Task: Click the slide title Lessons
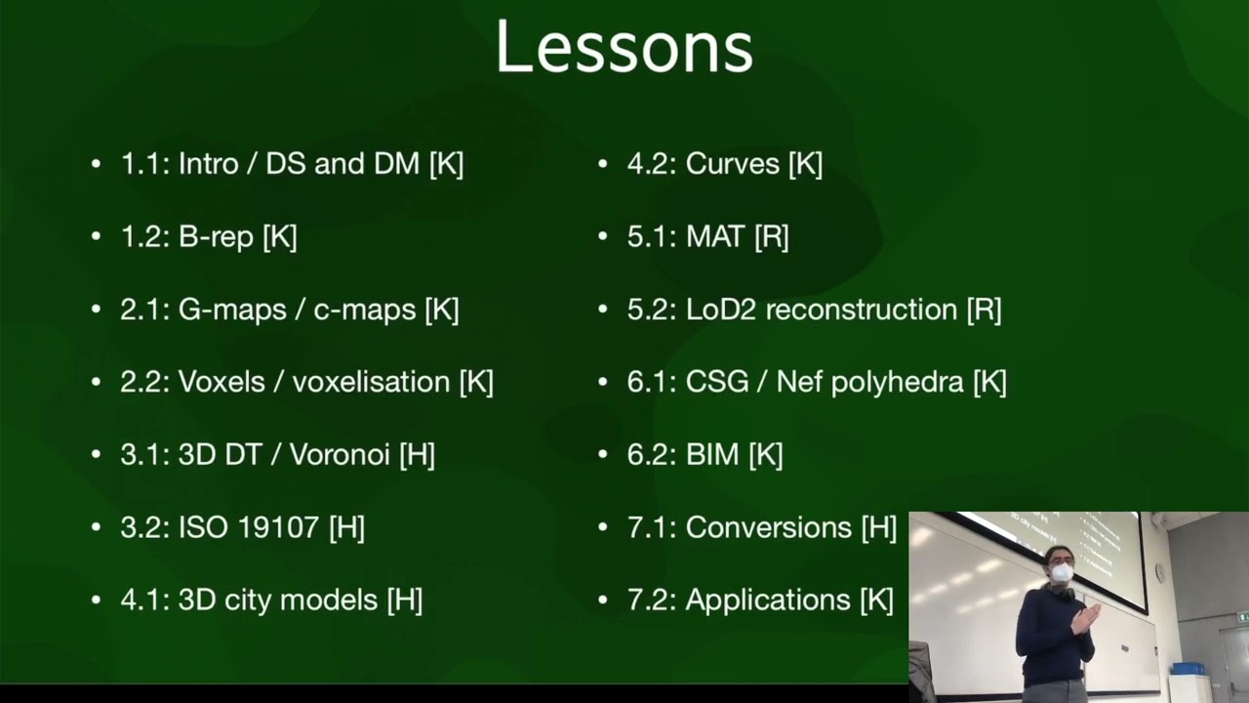point(624,47)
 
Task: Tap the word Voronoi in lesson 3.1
point(340,454)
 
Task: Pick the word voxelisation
point(371,382)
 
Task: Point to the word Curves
point(732,164)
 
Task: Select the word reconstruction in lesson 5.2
point(862,310)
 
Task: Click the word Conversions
point(769,527)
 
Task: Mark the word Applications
point(768,600)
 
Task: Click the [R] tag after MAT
point(771,236)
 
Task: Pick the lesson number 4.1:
point(144,600)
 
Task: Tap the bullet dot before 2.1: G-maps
point(96,310)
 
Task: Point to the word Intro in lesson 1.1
point(208,164)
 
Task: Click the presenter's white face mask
point(1062,573)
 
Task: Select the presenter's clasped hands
point(1086,618)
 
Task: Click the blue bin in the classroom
point(1188,668)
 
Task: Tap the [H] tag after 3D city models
point(404,600)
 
